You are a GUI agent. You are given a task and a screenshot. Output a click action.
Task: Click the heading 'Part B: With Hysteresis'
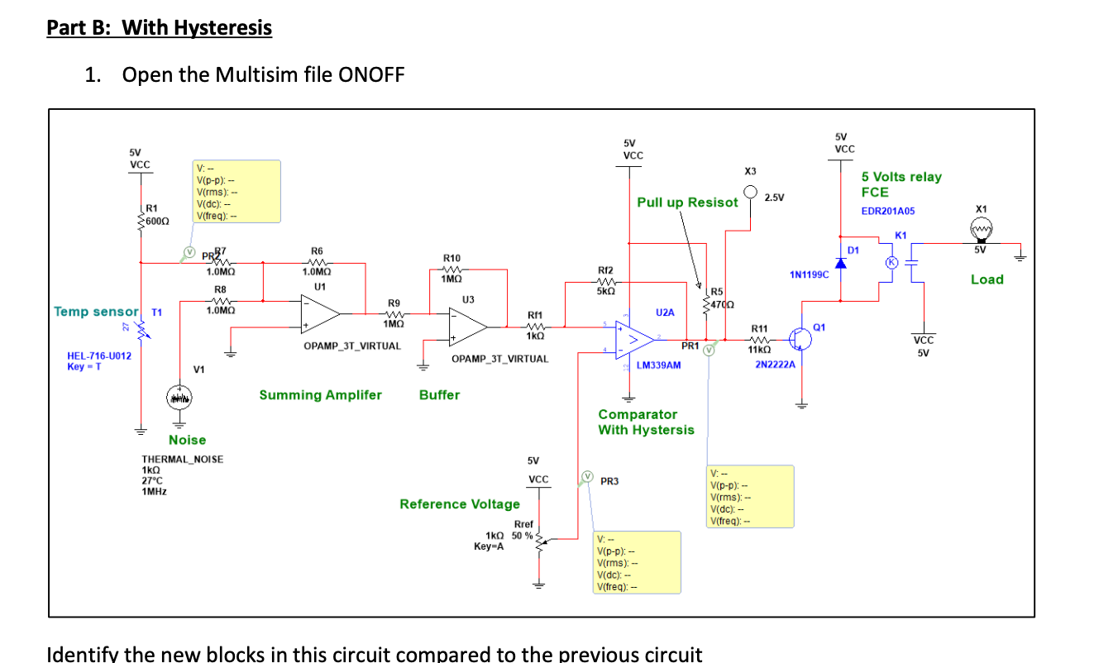tap(159, 28)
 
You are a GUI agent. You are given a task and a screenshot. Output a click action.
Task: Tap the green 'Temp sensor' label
tap(96, 312)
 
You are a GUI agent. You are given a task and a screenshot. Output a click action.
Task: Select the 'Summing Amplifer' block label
tap(321, 395)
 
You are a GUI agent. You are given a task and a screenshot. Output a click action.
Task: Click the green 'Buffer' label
tap(439, 395)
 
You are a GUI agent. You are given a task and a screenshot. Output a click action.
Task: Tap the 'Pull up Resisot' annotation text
tap(687, 203)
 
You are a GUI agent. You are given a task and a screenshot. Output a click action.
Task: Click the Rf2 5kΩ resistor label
tap(604, 276)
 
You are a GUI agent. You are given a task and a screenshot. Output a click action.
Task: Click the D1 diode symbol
tap(842, 263)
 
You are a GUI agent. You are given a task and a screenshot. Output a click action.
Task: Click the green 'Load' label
tap(987, 279)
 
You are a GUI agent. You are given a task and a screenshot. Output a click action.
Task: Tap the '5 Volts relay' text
tap(901, 177)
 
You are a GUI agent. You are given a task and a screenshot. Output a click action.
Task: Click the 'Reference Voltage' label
tap(460, 504)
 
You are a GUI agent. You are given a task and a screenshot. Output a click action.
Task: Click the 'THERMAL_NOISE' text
tap(182, 460)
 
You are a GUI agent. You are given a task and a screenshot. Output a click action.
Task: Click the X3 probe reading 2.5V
tap(750, 193)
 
